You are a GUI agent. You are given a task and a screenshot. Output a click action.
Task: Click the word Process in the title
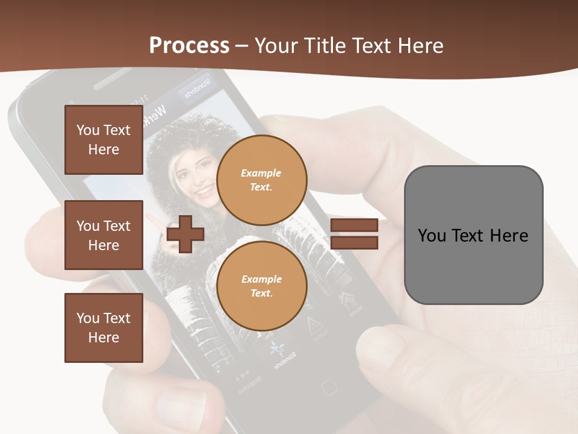click(189, 46)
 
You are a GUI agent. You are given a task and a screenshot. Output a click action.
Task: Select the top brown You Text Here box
click(104, 140)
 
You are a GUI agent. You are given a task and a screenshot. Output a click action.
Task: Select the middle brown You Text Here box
click(104, 235)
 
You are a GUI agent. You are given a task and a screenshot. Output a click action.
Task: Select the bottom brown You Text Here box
click(104, 327)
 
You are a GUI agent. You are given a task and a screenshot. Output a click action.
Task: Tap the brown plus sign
click(185, 234)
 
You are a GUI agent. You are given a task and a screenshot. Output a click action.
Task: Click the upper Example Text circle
click(262, 180)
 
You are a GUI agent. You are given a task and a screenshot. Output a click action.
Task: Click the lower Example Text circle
click(262, 286)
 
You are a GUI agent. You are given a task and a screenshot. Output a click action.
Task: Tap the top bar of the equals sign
click(354, 225)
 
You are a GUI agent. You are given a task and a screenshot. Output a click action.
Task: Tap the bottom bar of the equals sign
click(354, 242)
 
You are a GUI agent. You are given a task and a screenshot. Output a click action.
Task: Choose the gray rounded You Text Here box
click(473, 235)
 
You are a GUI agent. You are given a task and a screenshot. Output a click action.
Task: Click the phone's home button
click(328, 386)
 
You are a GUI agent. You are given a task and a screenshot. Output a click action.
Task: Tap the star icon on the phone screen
click(277, 349)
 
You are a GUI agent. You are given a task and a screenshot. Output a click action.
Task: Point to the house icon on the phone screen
click(349, 300)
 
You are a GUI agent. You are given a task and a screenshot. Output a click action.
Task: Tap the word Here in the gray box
click(509, 235)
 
